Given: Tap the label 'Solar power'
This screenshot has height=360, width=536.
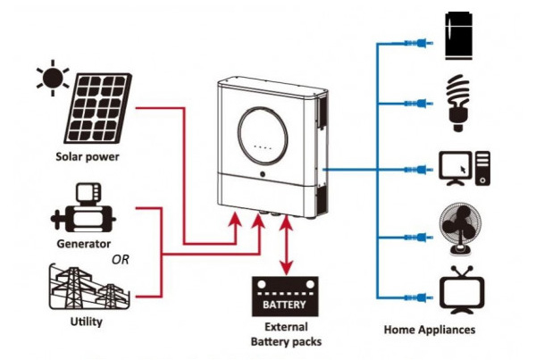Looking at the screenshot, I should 88,158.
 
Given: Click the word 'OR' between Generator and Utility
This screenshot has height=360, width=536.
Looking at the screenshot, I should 121,260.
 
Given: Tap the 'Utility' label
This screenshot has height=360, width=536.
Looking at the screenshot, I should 86,320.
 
